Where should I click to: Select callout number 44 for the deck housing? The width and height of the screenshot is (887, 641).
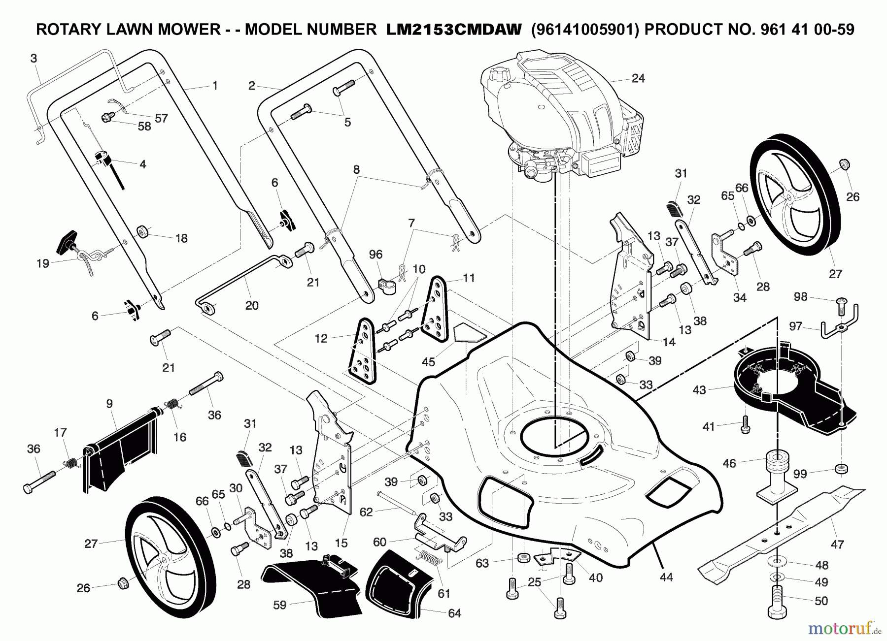pyautogui.click(x=666, y=577)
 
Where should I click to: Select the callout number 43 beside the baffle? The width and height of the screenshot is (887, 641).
pyautogui.click(x=699, y=390)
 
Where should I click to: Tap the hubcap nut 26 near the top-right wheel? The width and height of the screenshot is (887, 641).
pyautogui.click(x=844, y=164)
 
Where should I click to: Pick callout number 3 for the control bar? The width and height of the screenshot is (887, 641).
pyautogui.click(x=34, y=59)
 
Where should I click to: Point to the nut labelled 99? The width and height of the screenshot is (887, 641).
pyautogui.click(x=841, y=468)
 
